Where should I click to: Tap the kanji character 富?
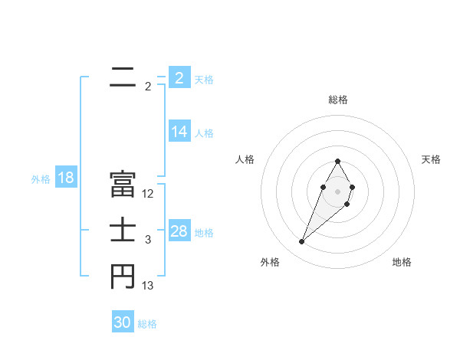point(123,184)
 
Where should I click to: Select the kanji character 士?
point(123,231)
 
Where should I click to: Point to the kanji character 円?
point(123,277)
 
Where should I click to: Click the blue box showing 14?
point(179,132)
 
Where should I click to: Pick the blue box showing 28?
point(179,231)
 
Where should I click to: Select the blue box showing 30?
point(123,322)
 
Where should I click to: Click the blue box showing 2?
point(179,78)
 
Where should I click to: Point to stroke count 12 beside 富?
point(148,194)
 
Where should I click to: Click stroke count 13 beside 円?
point(148,286)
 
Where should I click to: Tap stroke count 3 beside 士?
point(148,241)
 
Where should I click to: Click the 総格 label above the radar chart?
point(338,100)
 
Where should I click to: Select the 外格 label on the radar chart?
point(270,262)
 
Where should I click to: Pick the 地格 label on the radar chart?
point(402,262)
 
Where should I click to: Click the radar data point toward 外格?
point(301,242)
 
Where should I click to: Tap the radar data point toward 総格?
point(338,161)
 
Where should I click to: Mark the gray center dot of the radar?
point(338,190)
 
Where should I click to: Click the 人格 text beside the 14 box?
point(204,133)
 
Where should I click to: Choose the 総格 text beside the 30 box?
point(147,324)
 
